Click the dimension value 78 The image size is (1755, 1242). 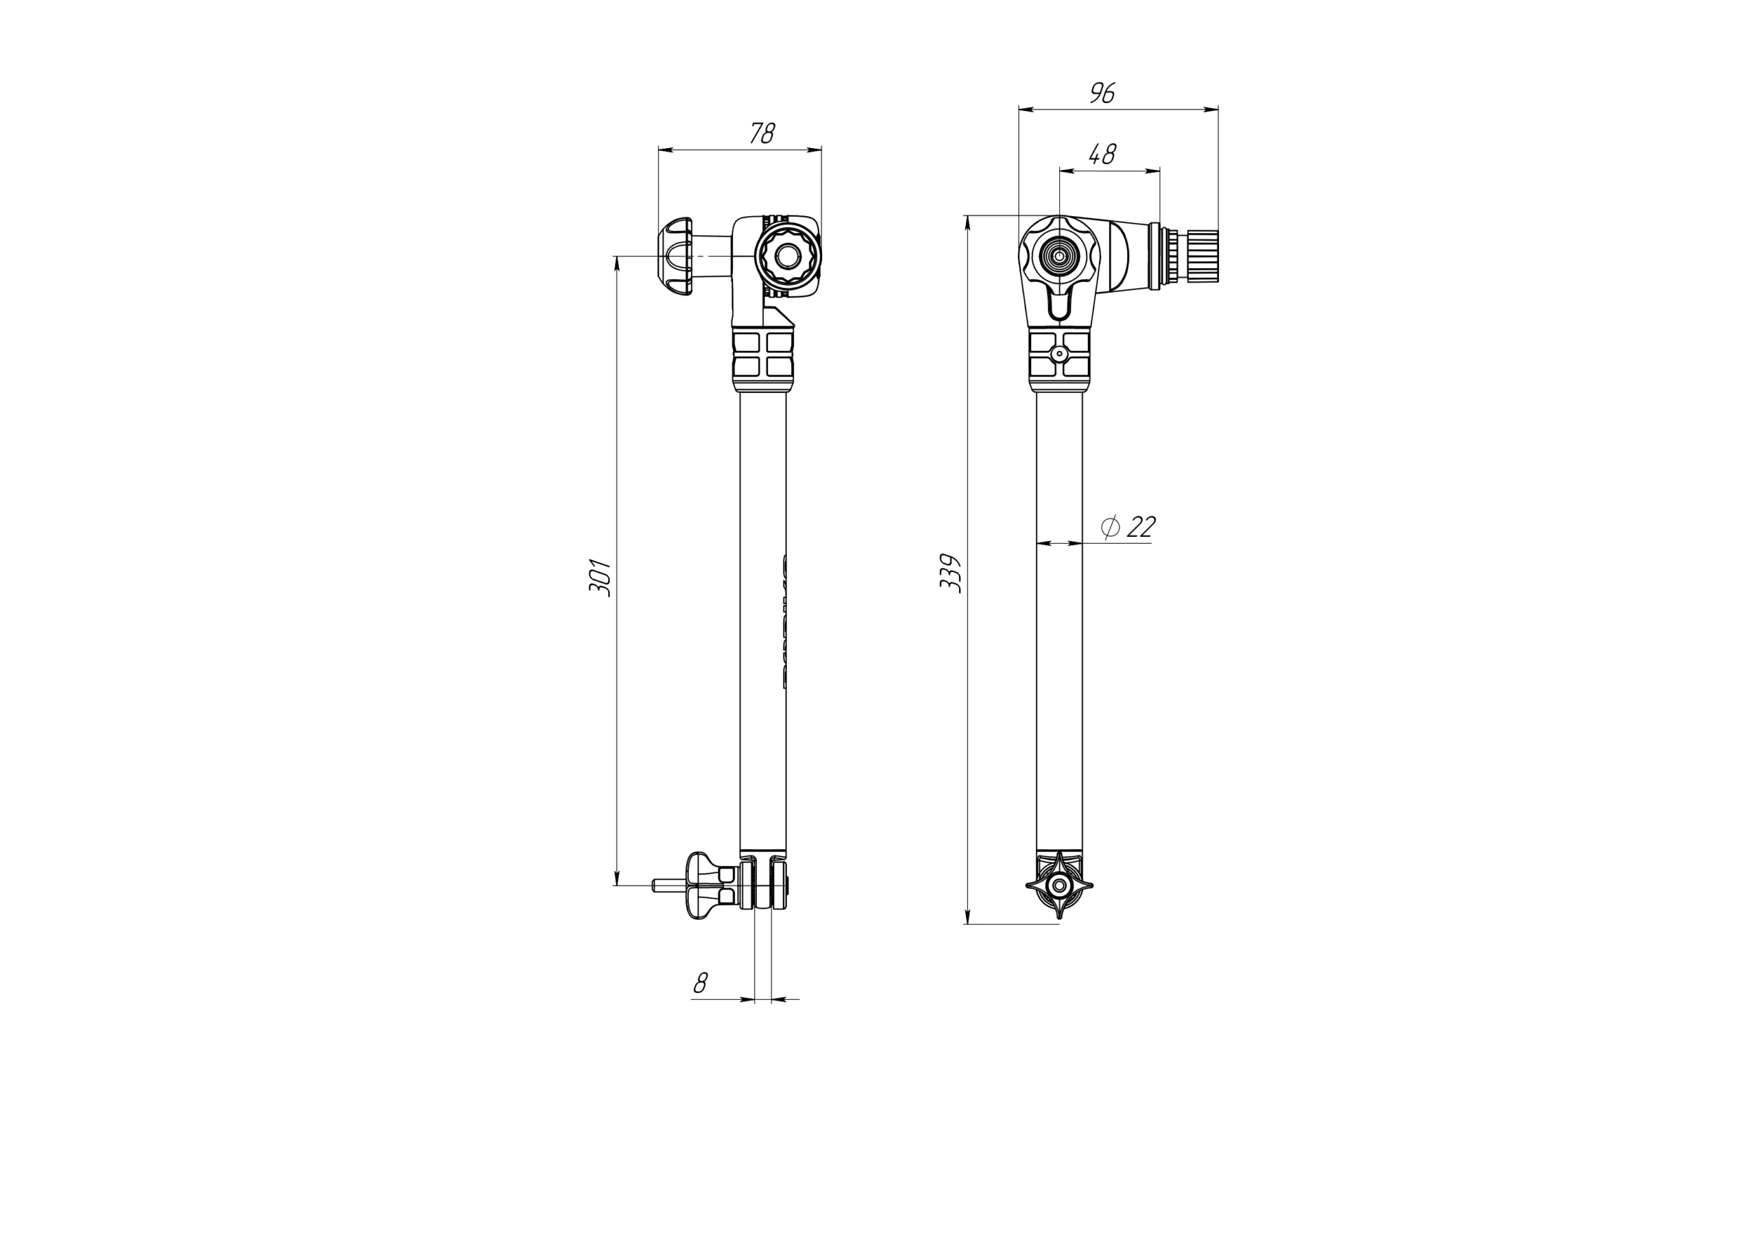click(762, 134)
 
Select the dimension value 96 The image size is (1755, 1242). click(1102, 93)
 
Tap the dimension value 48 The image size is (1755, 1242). click(1102, 154)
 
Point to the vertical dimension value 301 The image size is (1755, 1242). click(600, 577)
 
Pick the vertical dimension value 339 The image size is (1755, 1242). click(950, 573)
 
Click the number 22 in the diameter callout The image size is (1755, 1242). click(1141, 526)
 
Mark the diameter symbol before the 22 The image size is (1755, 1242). click(1110, 526)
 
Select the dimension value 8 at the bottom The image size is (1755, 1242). click(700, 983)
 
